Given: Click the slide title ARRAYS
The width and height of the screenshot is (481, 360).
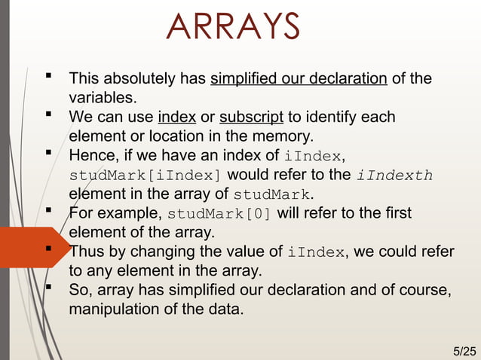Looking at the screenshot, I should pos(232,28).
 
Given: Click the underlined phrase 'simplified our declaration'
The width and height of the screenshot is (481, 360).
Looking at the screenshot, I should pos(299,78).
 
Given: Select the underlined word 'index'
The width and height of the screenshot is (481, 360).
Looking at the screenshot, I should pos(177,117).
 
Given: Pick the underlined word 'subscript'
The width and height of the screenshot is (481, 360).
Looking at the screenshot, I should pos(251,117).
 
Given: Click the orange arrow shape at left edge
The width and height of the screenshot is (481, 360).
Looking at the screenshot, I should pos(23,246).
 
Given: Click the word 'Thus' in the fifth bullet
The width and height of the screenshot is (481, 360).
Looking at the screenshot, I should pos(85,252).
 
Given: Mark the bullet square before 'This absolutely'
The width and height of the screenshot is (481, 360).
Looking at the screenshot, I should pos(49,76).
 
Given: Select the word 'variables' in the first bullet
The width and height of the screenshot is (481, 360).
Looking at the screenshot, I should pos(101,98).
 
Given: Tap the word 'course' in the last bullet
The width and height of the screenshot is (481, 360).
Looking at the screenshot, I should pos(418,289).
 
